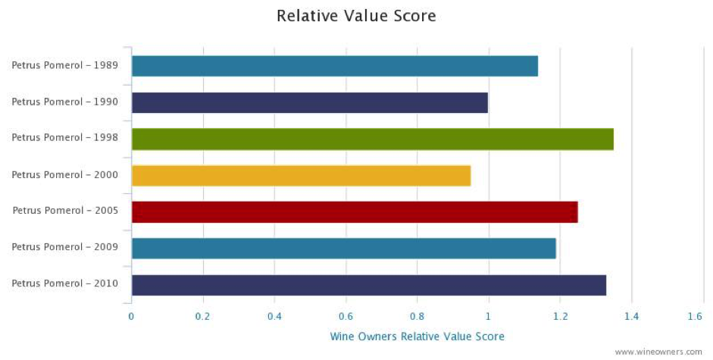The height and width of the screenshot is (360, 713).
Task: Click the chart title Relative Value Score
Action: [x=356, y=16]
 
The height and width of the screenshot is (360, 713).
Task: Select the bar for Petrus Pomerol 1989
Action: [x=334, y=66]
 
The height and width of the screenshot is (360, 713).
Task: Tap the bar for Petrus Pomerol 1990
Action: [x=309, y=102]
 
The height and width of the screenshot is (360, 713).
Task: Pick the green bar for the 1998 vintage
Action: [x=372, y=139]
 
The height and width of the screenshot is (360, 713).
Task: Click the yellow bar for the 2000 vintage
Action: [x=301, y=175]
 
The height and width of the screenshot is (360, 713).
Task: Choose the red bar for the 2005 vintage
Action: [x=354, y=211]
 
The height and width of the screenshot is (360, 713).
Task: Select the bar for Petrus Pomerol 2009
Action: [x=343, y=248]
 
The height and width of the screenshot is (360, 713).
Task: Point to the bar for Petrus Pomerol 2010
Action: [x=368, y=284]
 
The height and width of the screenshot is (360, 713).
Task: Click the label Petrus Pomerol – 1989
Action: [x=64, y=65]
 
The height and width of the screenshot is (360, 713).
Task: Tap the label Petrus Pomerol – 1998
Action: [x=64, y=138]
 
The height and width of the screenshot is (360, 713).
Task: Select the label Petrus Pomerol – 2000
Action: [x=64, y=174]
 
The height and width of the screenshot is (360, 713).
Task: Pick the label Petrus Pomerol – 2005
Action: [x=64, y=211]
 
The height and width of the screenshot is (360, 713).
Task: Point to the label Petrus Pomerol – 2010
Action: [x=64, y=283]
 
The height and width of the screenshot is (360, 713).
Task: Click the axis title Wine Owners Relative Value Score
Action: [x=417, y=336]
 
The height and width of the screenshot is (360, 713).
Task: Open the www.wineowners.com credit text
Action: [x=658, y=352]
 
